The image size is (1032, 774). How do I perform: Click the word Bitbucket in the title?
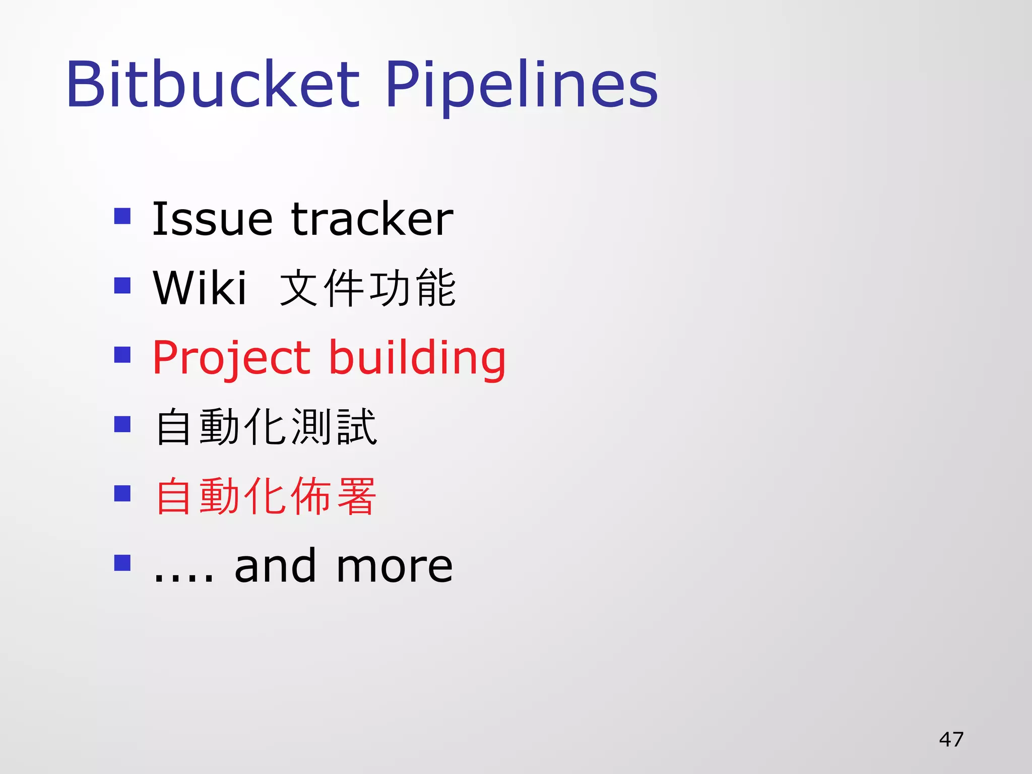212,85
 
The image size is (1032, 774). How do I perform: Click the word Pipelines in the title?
522,85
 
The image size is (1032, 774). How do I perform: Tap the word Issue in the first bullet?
212,219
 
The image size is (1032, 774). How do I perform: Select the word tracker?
372,219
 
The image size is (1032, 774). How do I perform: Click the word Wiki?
200,288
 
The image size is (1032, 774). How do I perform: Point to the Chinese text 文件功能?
368,288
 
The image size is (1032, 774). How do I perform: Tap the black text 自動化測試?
266,427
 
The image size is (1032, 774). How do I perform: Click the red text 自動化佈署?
266,497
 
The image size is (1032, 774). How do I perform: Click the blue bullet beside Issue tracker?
122,216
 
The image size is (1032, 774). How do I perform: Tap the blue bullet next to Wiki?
122,286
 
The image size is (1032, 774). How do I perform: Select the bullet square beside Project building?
122,355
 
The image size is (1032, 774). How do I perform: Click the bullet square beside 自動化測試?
122,424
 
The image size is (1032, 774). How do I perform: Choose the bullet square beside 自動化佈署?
122,493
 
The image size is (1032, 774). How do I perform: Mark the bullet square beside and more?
122,562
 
